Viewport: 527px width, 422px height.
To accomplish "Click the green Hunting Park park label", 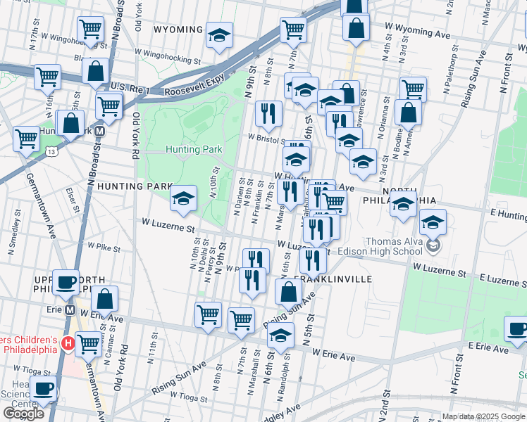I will (194, 149).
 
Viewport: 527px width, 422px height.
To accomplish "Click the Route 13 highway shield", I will (52, 151).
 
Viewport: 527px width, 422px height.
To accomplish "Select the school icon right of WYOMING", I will (219, 36).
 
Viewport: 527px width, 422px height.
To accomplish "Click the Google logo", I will (23, 414).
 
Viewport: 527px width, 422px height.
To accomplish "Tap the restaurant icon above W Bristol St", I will (268, 114).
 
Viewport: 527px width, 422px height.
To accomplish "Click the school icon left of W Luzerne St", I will (183, 199).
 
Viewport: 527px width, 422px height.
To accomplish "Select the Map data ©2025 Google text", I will (483, 416).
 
